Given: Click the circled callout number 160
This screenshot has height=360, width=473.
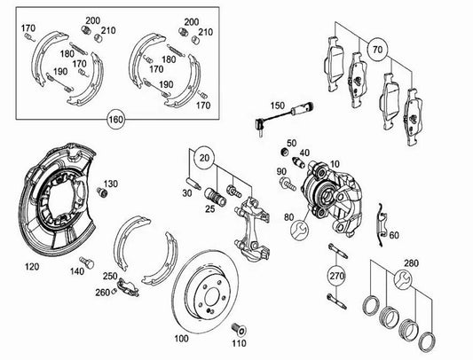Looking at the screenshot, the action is [x=116, y=120].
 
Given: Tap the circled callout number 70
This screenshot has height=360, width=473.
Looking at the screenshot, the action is [x=377, y=49].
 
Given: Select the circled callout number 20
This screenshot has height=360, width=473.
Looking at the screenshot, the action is [x=204, y=158].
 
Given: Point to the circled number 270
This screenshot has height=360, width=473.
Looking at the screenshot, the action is [x=337, y=276].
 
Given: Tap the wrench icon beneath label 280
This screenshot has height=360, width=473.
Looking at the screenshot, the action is [x=403, y=279].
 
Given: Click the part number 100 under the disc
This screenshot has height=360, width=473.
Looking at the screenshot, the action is [x=182, y=339].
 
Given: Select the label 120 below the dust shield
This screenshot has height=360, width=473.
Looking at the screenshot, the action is [x=32, y=267].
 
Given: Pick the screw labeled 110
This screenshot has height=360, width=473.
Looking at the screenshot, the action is [x=240, y=329].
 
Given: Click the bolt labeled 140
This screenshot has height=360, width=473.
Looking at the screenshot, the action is [x=87, y=262].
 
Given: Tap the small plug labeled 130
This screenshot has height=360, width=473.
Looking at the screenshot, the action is [x=103, y=192].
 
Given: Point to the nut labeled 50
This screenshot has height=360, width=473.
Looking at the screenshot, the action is [x=284, y=152].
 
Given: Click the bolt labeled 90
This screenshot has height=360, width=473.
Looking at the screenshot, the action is [x=288, y=184].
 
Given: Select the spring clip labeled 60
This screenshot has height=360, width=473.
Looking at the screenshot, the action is [x=381, y=224].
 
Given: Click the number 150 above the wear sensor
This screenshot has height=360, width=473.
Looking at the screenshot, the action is [x=277, y=106].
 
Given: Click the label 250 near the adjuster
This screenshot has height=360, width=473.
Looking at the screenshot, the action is [x=110, y=276].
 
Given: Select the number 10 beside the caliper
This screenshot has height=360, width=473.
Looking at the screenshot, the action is [x=335, y=164].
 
